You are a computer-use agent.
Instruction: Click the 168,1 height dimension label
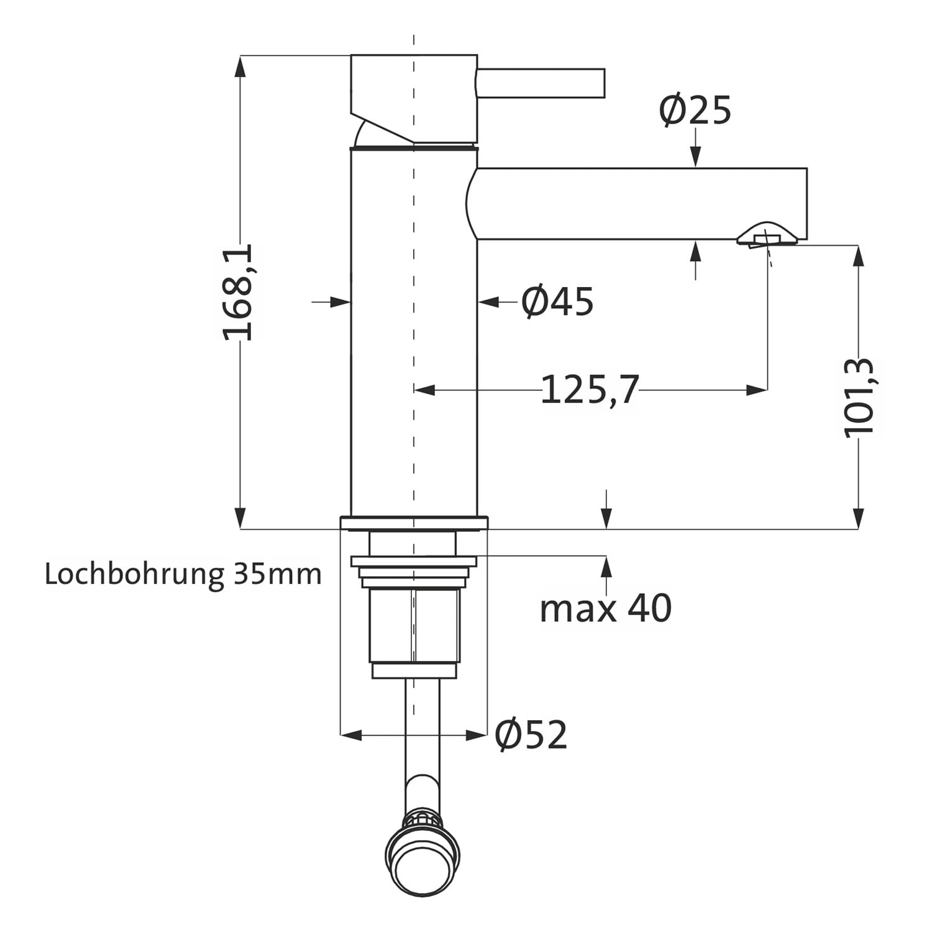238,292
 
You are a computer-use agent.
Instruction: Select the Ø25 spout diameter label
695,111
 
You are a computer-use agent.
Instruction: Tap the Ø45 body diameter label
557,302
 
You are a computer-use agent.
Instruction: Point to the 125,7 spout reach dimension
590,390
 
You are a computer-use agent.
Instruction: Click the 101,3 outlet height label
859,398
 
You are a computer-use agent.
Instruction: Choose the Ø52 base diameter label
531,735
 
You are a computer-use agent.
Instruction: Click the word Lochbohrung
134,574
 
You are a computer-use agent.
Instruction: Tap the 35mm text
278,574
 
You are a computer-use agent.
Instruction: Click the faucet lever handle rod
541,83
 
